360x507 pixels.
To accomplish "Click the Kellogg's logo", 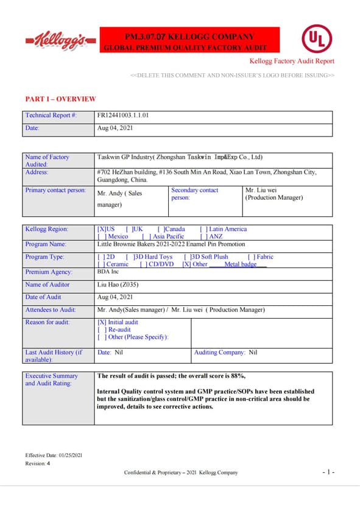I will (x=61, y=40).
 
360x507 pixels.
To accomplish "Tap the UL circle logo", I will (x=317, y=39).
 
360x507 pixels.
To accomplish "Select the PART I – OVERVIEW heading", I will (x=60, y=99).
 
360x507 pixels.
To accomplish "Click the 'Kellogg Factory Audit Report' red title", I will (x=292, y=61).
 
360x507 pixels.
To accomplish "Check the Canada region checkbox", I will (x=160, y=229).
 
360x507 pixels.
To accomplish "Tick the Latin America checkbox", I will (x=203, y=229).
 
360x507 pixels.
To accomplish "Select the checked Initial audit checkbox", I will (x=102, y=322).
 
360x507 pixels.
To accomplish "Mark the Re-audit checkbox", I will (x=101, y=330).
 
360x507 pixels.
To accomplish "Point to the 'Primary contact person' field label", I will (x=55, y=190).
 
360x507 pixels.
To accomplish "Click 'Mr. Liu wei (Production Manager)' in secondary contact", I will (x=274, y=194).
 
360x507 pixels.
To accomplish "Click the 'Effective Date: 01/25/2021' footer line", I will (x=54, y=455).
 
